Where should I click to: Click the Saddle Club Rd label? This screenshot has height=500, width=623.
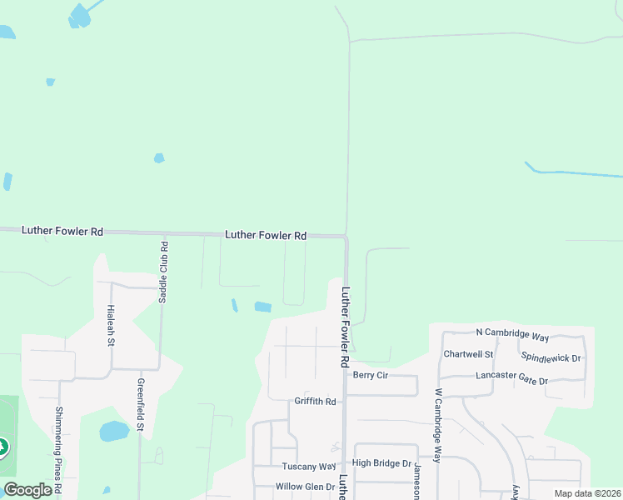(x=163, y=272)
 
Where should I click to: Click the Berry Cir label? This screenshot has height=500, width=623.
(x=371, y=375)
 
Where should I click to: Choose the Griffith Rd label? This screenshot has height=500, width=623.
(x=315, y=402)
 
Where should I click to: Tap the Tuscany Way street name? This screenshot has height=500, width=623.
(x=308, y=467)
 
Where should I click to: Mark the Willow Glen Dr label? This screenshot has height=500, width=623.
(x=306, y=487)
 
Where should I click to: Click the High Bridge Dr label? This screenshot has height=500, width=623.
(x=381, y=463)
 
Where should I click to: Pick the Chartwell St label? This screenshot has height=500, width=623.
(x=469, y=354)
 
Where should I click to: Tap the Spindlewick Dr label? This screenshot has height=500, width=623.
(x=551, y=357)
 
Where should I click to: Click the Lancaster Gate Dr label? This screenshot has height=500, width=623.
(x=511, y=377)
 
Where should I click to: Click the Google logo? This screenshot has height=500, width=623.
(x=27, y=490)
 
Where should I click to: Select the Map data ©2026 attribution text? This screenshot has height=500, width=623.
(x=587, y=493)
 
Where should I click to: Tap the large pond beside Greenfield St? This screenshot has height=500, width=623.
(x=114, y=431)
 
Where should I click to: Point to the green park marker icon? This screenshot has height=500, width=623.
(x=2, y=448)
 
